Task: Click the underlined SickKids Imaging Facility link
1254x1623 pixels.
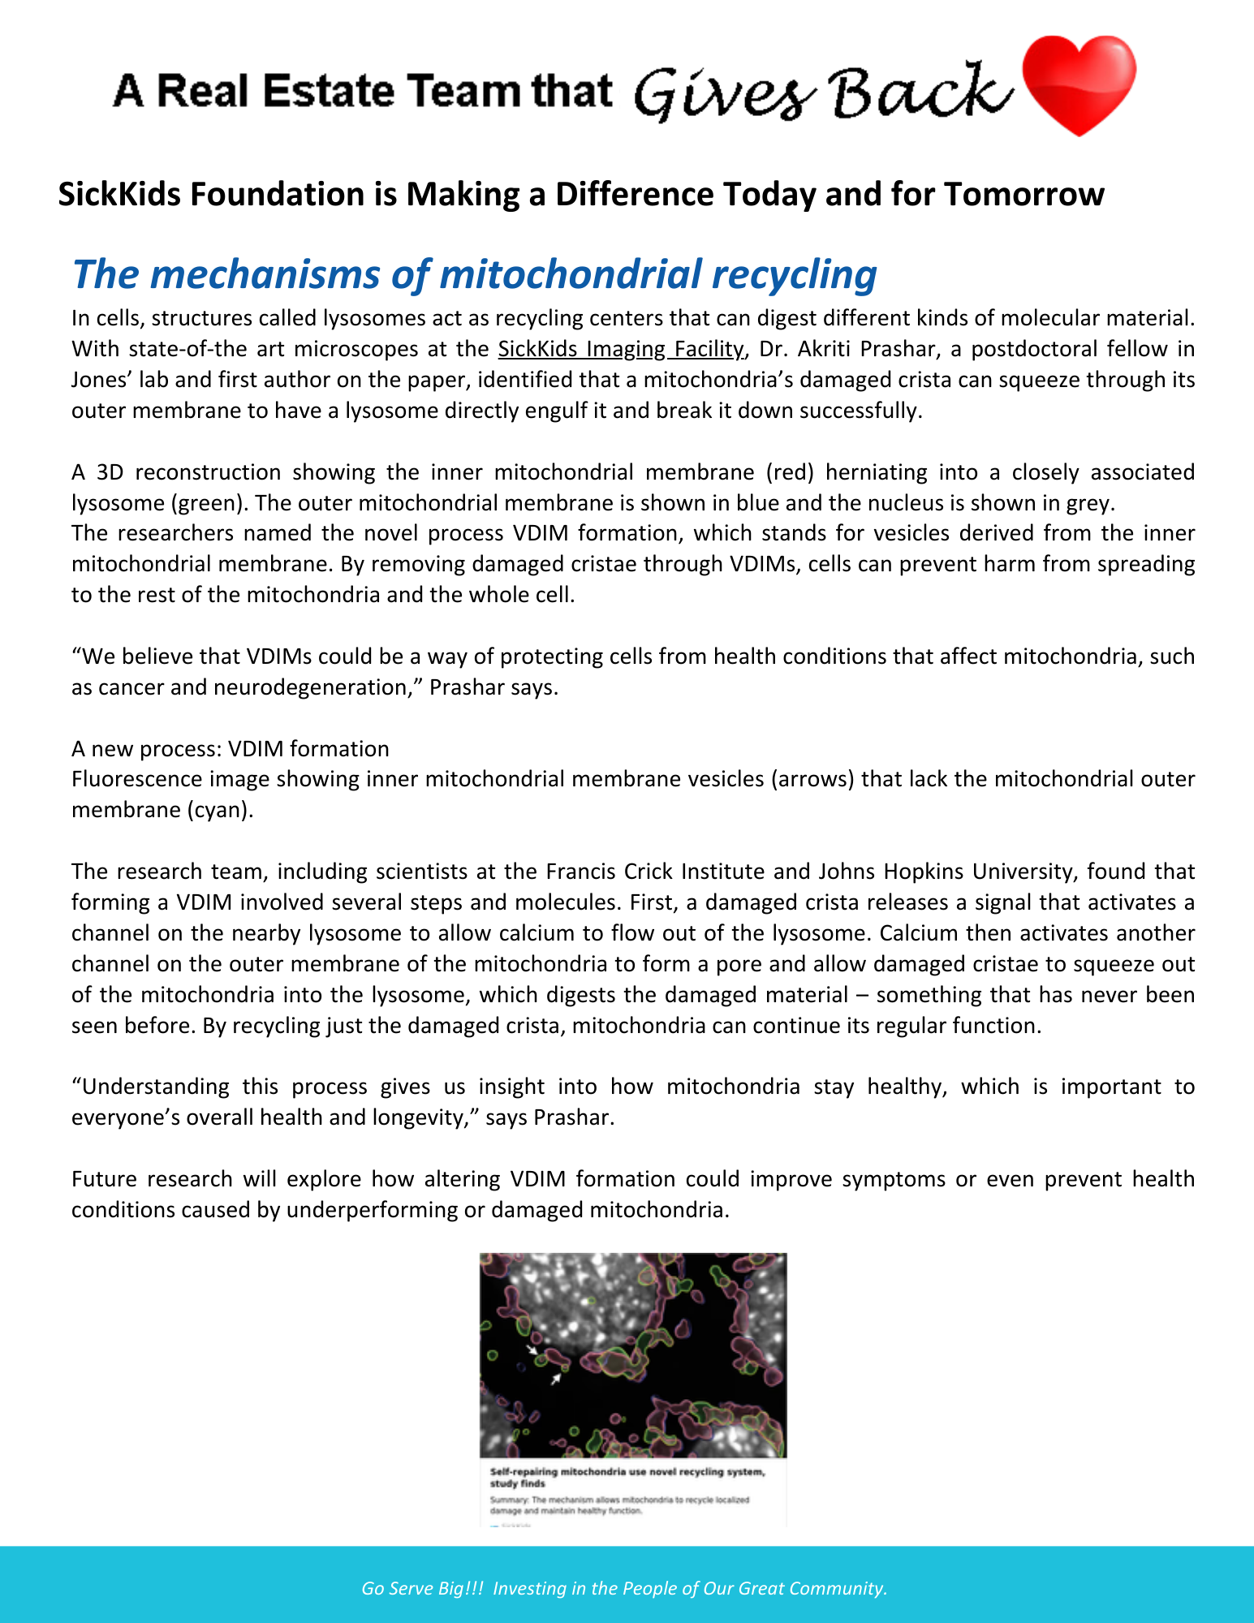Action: [x=620, y=349]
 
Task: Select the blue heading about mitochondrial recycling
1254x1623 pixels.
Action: [x=474, y=274]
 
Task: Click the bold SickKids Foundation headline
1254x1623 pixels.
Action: [x=580, y=195]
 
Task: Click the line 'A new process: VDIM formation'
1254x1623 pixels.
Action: [x=231, y=748]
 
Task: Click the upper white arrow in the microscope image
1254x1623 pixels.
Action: [x=532, y=1350]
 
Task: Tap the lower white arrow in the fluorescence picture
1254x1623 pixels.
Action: [x=557, y=1379]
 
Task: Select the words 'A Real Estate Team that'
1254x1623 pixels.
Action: [x=361, y=91]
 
